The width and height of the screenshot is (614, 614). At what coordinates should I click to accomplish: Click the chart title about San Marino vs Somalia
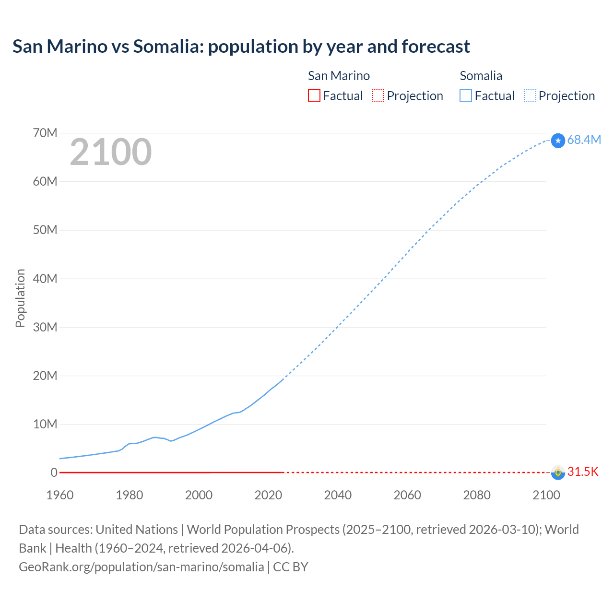click(241, 47)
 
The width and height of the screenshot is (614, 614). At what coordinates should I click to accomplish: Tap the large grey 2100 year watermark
click(111, 152)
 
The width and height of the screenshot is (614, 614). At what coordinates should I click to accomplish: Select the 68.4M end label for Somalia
click(584, 140)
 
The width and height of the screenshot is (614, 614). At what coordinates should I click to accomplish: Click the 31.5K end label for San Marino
click(583, 472)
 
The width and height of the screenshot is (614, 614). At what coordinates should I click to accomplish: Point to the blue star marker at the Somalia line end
click(558, 141)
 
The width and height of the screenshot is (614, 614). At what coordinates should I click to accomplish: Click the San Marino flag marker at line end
click(558, 472)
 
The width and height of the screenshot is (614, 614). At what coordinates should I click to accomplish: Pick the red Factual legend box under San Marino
click(314, 96)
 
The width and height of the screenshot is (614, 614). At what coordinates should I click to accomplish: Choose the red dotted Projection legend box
click(378, 96)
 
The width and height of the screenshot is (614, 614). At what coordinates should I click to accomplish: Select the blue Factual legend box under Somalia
click(466, 96)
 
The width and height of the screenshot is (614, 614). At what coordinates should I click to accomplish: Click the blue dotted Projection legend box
click(530, 96)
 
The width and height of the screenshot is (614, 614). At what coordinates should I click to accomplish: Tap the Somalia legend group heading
click(481, 76)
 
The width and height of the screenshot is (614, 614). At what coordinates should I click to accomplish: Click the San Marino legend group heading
click(339, 76)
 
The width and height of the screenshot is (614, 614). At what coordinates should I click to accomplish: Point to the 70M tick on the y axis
click(45, 133)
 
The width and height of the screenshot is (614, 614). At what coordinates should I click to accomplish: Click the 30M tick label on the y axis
click(45, 327)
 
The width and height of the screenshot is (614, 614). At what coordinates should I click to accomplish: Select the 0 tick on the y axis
click(54, 472)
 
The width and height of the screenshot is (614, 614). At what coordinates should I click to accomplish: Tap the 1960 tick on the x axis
click(60, 495)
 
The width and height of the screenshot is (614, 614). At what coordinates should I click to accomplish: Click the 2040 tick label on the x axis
click(338, 495)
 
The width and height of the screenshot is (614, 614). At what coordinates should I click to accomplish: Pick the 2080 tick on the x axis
click(477, 495)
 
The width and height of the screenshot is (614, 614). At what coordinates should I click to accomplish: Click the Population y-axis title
click(20, 298)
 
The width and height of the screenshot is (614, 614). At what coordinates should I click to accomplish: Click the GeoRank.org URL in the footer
click(141, 567)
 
